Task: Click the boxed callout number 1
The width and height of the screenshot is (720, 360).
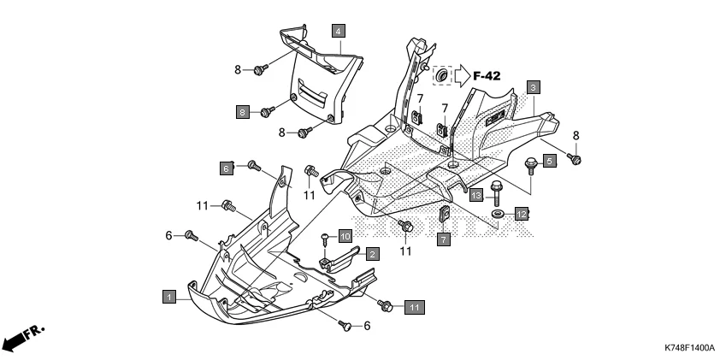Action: click(x=169, y=297)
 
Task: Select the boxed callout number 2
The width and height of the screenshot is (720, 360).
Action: click(x=373, y=254)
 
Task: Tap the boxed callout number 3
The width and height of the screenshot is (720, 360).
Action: click(x=532, y=87)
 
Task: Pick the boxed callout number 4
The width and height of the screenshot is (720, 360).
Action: click(x=339, y=31)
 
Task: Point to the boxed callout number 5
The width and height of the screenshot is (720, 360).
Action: click(x=549, y=159)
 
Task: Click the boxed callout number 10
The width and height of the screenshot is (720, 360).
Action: click(x=345, y=235)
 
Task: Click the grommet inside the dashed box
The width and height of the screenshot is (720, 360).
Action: click(x=442, y=77)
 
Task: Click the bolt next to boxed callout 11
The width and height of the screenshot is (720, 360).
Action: click(x=386, y=304)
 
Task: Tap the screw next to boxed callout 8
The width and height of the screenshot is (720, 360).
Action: click(x=268, y=111)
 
